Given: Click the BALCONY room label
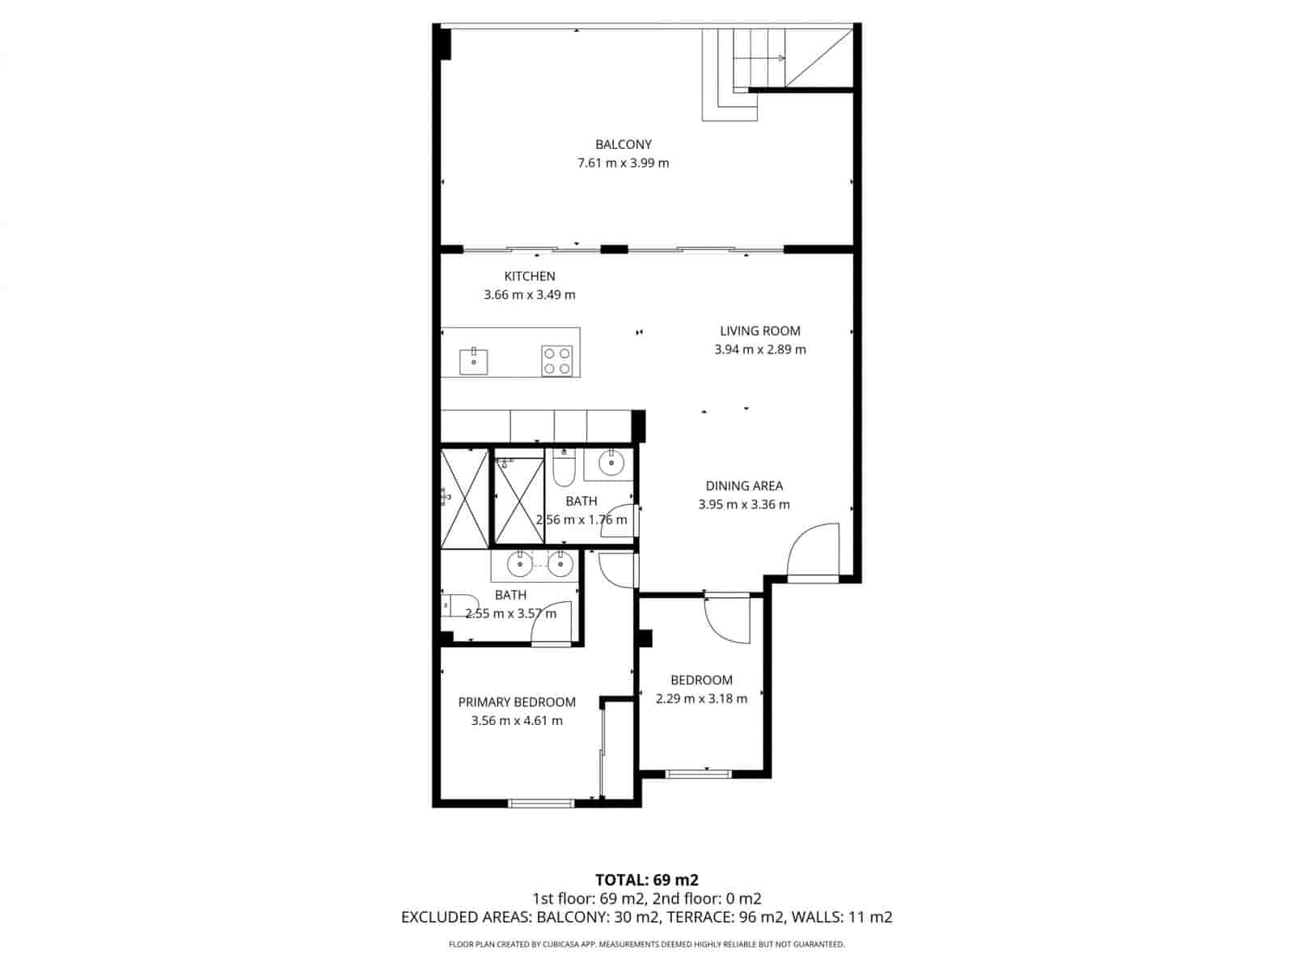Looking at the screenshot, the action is click(623, 145).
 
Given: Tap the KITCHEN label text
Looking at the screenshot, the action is click(529, 276).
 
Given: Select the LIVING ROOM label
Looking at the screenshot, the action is click(759, 331).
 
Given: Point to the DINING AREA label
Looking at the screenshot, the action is click(743, 485).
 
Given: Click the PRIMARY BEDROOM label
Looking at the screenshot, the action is click(517, 702).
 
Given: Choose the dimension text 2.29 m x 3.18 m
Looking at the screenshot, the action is click(701, 698).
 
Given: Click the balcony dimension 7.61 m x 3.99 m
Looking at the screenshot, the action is click(623, 163).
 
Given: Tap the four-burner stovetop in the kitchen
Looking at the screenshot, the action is click(556, 361).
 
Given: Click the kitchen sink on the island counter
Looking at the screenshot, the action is click(473, 361).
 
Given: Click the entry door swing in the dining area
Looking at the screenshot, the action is click(812, 549).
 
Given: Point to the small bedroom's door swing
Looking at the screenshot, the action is click(727, 620).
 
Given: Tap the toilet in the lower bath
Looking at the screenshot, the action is click(459, 605).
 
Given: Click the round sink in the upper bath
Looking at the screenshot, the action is click(611, 463).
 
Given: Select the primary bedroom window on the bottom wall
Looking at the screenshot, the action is click(540, 803).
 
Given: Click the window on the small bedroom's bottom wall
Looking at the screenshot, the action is click(698, 774).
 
